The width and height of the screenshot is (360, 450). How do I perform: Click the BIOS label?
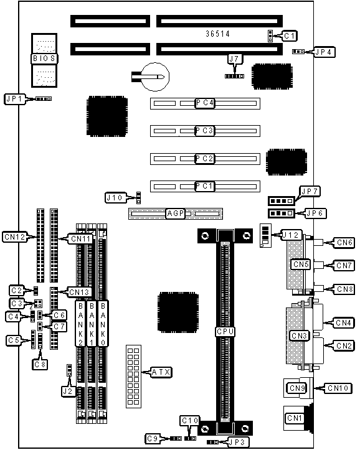(44, 59)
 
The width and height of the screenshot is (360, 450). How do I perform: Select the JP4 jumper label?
(324, 52)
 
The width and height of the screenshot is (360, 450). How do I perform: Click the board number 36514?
(217, 34)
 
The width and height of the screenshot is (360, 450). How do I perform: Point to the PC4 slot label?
(205, 103)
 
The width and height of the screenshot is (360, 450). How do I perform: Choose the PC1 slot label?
(205, 186)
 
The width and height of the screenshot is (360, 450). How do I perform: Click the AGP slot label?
(176, 213)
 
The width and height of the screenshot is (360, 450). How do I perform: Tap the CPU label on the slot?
(225, 332)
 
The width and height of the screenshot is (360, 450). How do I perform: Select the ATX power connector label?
(161, 372)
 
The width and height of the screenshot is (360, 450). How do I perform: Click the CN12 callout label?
(15, 237)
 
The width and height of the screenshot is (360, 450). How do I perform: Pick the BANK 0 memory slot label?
(103, 323)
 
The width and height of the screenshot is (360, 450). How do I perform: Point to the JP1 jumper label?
(15, 99)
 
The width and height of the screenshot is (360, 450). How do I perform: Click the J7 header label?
(235, 59)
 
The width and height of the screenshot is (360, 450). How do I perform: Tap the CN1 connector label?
(295, 418)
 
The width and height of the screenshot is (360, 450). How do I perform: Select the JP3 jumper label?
(238, 442)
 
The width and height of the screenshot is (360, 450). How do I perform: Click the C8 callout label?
(40, 365)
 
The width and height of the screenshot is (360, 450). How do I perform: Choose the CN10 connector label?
(338, 388)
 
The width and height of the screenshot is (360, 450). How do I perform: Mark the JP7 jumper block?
(282, 201)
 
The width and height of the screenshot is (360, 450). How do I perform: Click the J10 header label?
(115, 198)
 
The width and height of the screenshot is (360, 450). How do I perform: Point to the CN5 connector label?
(301, 264)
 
